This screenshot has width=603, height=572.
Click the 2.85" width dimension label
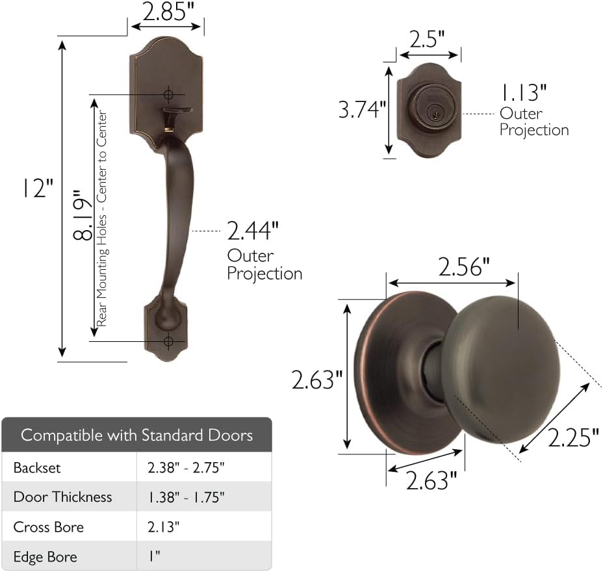[168, 12]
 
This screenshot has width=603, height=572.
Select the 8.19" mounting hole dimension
[82, 215]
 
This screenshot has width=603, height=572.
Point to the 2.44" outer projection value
[252, 231]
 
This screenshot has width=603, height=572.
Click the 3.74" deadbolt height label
[361, 109]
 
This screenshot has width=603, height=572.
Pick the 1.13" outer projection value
[523, 93]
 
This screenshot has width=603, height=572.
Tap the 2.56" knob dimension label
[464, 267]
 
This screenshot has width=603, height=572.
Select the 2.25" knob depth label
[573, 437]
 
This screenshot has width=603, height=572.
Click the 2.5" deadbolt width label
[427, 39]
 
